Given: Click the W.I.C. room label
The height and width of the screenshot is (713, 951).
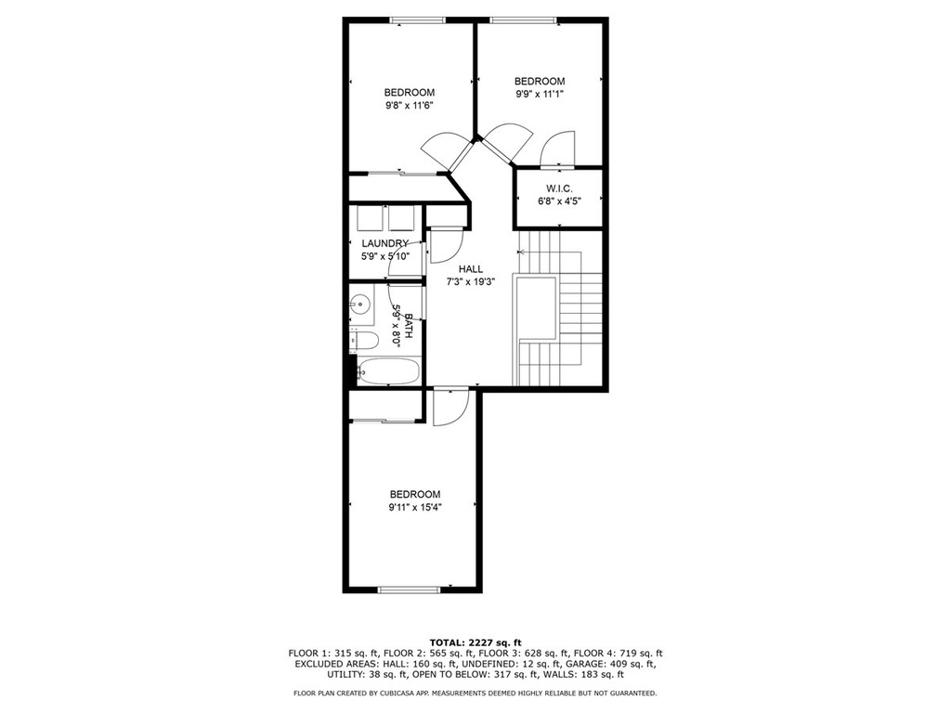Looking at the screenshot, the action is coord(558,188).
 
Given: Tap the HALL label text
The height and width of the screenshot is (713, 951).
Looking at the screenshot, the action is coord(471,269).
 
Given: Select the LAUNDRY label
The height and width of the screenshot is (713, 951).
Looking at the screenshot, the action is coord(385,244).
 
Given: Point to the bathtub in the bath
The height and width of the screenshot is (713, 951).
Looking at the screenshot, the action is coord(388,371).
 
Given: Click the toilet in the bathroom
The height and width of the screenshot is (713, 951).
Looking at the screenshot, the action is coord(364,340).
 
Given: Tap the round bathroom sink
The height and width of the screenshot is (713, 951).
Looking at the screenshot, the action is coord(360,304).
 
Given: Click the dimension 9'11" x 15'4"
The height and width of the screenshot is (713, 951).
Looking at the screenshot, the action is coord(415,508).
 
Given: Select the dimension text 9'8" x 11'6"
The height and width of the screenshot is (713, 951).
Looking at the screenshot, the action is coord(410,106).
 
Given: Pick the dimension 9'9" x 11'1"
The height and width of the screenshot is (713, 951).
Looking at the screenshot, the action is coord(540,94).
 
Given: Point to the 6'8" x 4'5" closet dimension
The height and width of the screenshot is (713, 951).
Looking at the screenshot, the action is coord(559,201).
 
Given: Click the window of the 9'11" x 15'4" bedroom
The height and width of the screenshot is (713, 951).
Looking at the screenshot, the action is coord(409,589).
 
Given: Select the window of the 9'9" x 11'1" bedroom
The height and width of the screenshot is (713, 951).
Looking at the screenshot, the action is coord(524,20).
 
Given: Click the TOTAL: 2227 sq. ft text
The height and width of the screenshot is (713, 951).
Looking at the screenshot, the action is coord(475,642).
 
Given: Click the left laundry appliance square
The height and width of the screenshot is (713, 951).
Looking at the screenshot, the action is coord(368,218).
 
